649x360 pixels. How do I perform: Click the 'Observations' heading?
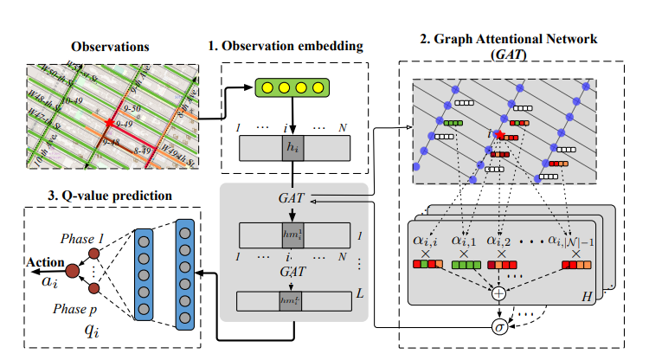pos(110,45)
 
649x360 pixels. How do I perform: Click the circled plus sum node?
pos(498,293)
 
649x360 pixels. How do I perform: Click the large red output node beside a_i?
pos(73,273)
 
